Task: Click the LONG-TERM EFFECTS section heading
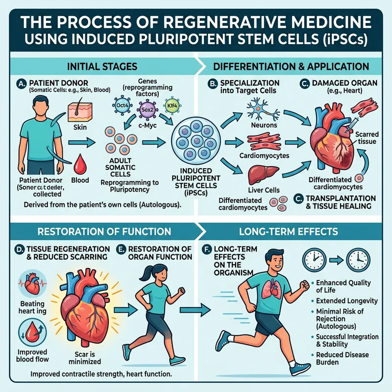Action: coord(294,230)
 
